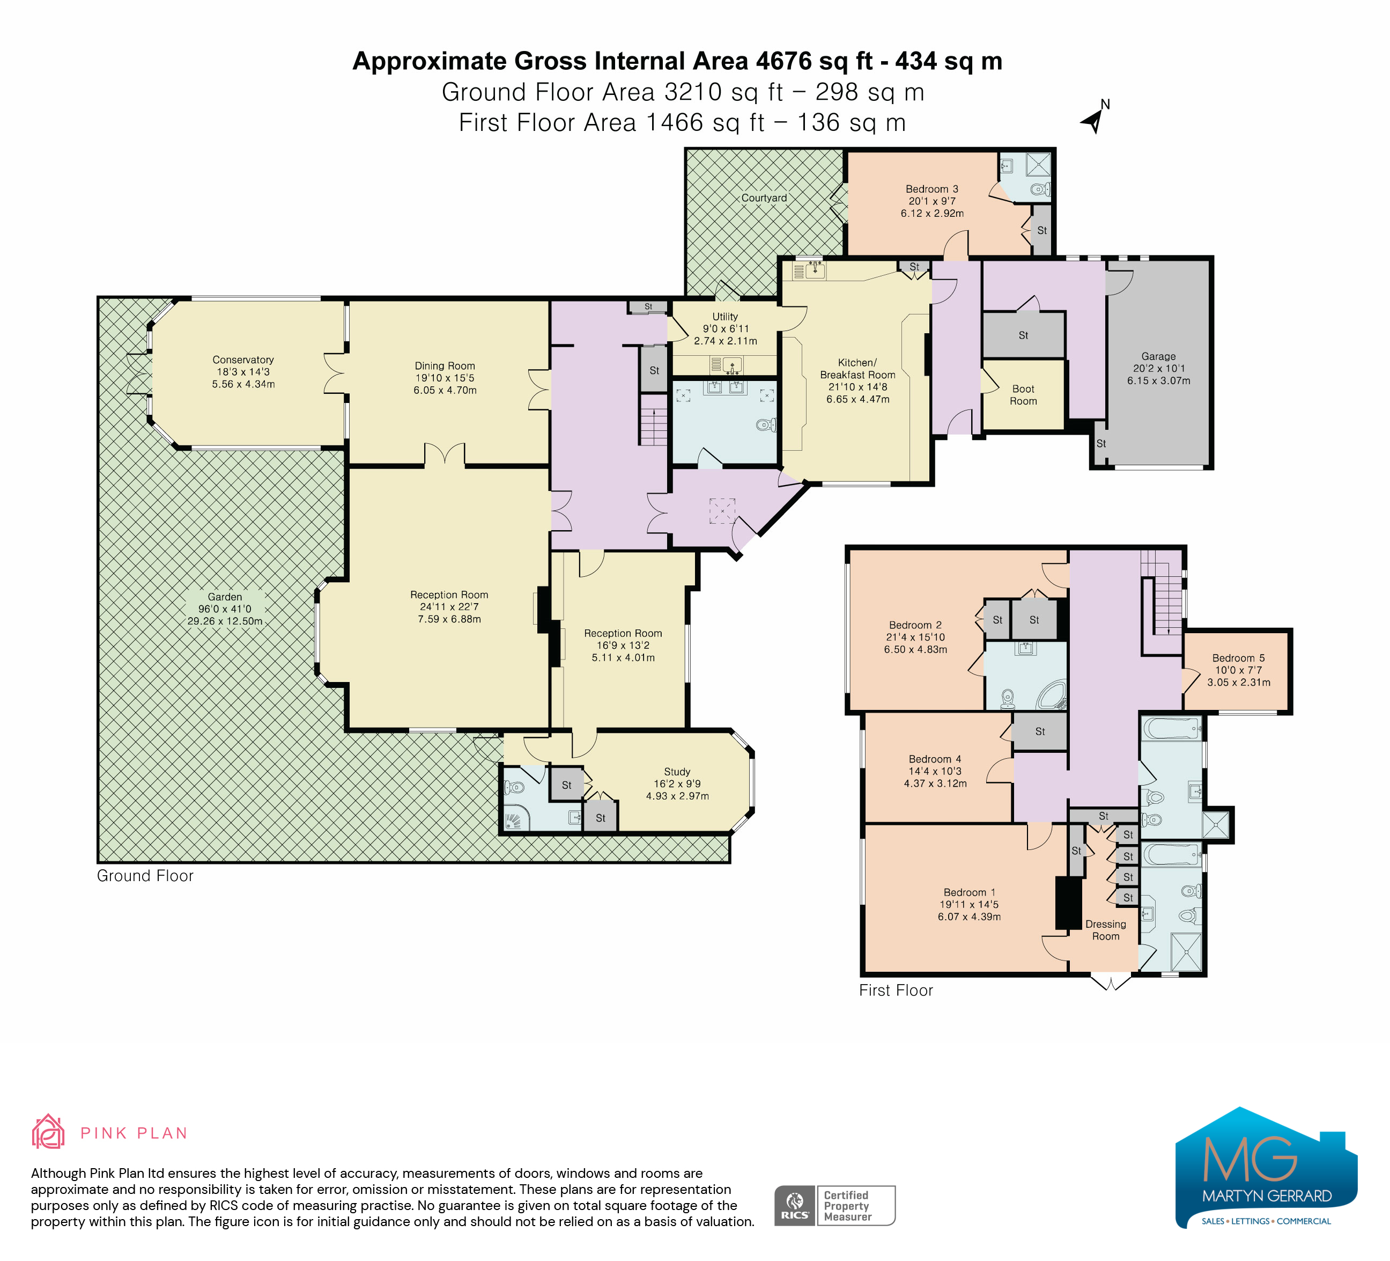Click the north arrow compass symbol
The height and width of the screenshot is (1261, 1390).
click(x=1095, y=119)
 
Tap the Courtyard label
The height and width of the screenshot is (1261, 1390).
click(x=764, y=198)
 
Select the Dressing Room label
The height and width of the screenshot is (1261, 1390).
click(x=1106, y=930)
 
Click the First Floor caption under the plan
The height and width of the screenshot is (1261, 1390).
click(x=896, y=990)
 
